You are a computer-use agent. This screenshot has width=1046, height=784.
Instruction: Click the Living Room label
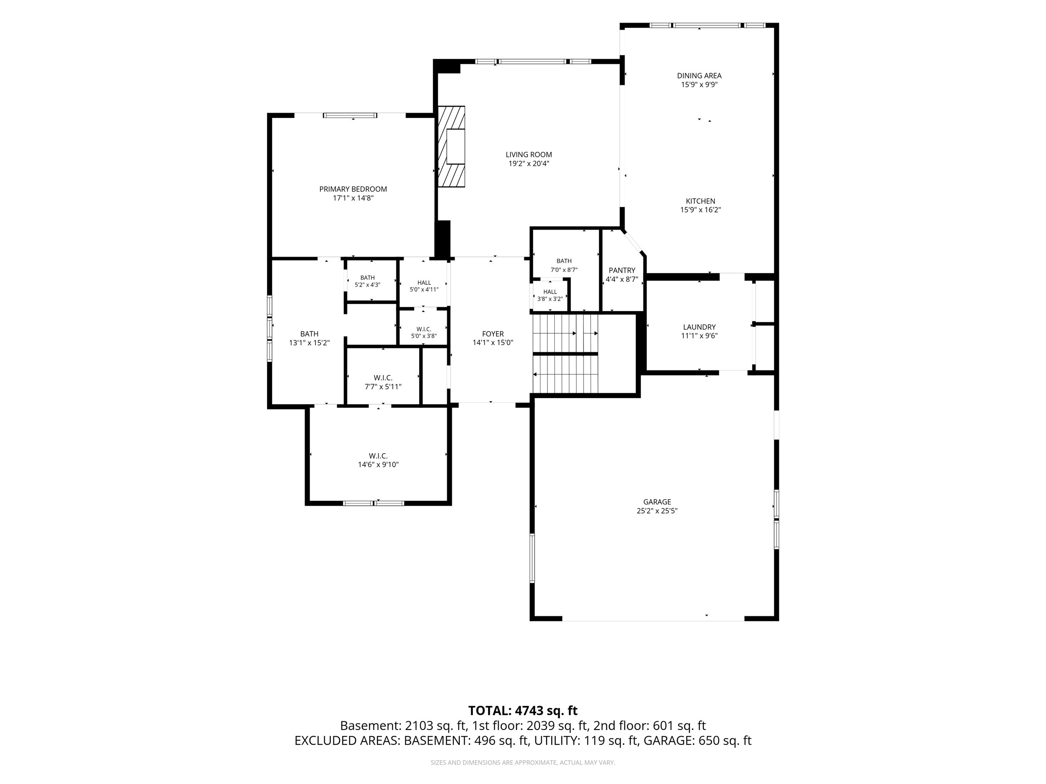pyautogui.click(x=529, y=155)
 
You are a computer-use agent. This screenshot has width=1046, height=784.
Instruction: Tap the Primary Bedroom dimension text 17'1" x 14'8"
pyautogui.click(x=353, y=198)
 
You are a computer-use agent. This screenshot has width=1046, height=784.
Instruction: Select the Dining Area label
pyautogui.click(x=700, y=76)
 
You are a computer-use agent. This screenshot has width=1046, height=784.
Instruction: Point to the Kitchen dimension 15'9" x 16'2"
pyautogui.click(x=700, y=210)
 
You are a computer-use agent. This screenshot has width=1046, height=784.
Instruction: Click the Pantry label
pyautogui.click(x=622, y=270)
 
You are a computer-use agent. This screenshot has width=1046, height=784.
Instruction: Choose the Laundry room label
pyautogui.click(x=700, y=327)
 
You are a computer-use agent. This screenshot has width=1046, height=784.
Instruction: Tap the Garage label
pyautogui.click(x=657, y=502)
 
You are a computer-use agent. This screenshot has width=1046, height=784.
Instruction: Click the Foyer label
pyautogui.click(x=493, y=334)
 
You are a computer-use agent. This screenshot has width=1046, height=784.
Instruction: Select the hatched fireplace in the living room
pyautogui.click(x=451, y=146)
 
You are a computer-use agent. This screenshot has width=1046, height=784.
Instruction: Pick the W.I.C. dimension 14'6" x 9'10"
pyautogui.click(x=378, y=465)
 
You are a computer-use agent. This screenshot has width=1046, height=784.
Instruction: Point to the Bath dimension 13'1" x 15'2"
pyautogui.click(x=309, y=343)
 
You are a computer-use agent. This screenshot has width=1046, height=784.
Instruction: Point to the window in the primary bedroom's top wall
pyautogui.click(x=350, y=115)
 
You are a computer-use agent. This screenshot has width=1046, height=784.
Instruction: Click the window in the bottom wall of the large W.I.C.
pyautogui.click(x=374, y=504)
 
